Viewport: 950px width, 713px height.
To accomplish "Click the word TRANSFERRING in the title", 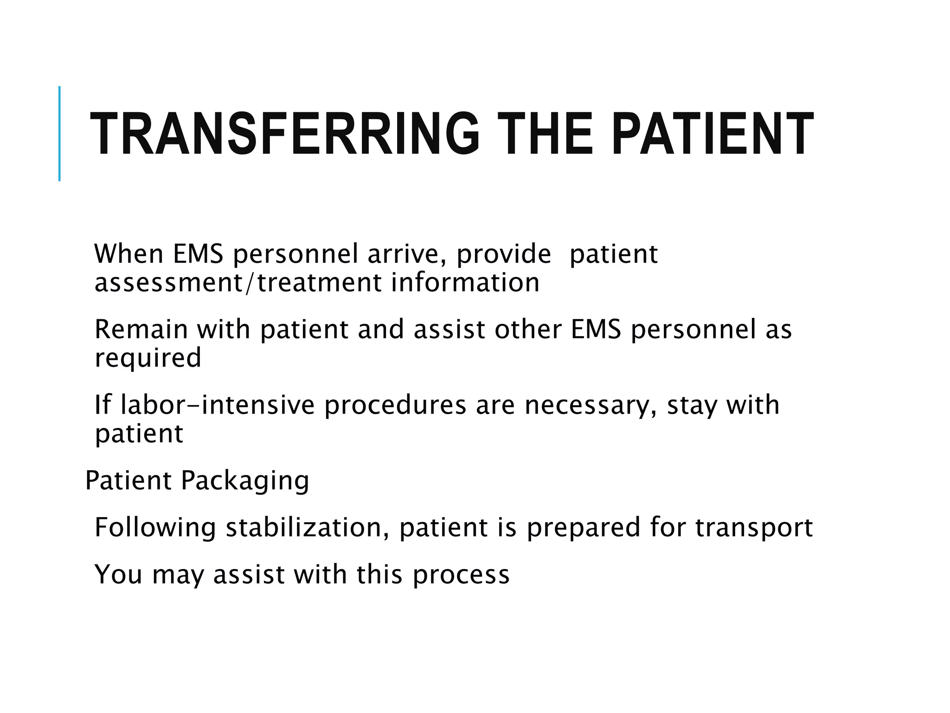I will pyautogui.click(x=284, y=134).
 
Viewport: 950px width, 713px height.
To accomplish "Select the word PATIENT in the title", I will pyautogui.click(x=712, y=134).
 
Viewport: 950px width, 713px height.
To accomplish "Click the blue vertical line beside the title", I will pyautogui.click(x=59, y=133).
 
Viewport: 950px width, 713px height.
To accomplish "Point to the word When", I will pyautogui.click(x=128, y=254).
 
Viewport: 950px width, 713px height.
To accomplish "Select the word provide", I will pyautogui.click(x=504, y=255).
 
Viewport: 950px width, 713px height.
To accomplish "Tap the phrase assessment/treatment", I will pyautogui.click(x=238, y=283).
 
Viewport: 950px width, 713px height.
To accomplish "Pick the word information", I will pyautogui.click(x=465, y=283).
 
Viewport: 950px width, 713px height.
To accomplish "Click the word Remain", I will pyautogui.click(x=141, y=330).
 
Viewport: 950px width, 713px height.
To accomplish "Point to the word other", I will pyautogui.click(x=528, y=330).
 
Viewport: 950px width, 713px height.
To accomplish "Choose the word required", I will pyautogui.click(x=148, y=358).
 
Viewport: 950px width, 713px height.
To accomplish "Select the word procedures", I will pyautogui.click(x=395, y=406).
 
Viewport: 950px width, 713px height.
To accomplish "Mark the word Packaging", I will pyautogui.click(x=245, y=481).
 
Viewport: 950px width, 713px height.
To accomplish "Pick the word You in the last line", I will pyautogui.click(x=118, y=574).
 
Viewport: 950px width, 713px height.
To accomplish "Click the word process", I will pyautogui.click(x=461, y=575).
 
